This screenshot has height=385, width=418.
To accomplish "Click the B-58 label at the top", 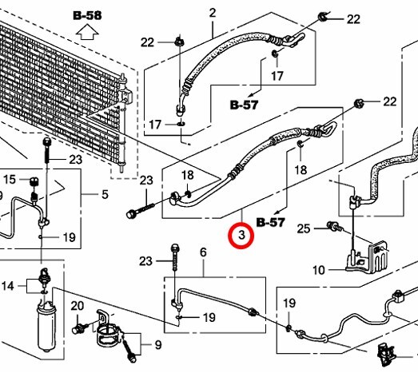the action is (87, 15).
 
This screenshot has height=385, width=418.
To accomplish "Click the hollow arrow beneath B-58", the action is (87, 32).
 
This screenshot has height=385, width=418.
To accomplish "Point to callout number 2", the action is (213, 13).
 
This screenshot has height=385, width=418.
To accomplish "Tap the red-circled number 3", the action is (241, 236).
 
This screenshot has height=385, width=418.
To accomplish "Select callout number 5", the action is (105, 194).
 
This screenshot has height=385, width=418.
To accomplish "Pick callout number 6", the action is (203, 252).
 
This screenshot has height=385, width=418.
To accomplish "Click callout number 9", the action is (158, 345).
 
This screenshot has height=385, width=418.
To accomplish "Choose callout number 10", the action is (319, 270).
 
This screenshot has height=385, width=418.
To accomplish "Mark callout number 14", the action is (8, 286).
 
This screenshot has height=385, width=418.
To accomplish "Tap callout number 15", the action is (10, 179).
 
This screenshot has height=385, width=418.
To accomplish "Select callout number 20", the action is (78, 306).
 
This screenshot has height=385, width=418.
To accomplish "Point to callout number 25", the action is (304, 228).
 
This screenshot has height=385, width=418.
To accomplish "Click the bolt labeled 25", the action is (336, 227).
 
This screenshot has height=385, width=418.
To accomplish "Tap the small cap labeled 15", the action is (34, 181).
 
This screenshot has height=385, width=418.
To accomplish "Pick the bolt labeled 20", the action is (79, 328).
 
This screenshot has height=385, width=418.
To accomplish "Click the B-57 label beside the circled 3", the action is (271, 222).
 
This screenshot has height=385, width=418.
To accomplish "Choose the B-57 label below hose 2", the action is (245, 105).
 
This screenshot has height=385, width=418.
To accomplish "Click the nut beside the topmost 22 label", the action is (324, 17).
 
